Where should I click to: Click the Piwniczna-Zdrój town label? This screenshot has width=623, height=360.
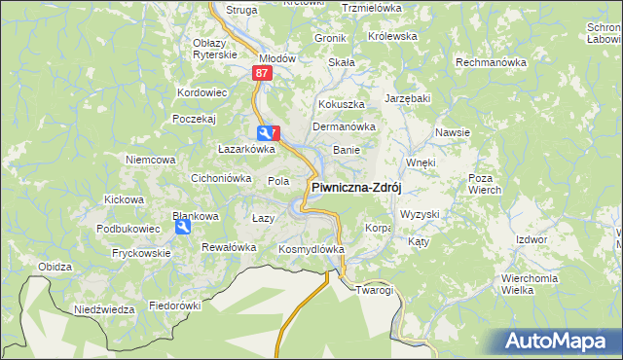[356, 188]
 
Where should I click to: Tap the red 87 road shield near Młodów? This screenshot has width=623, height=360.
[261, 73]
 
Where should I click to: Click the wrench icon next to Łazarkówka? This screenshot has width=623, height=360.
[264, 133]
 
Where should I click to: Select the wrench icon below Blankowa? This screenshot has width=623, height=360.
[182, 227]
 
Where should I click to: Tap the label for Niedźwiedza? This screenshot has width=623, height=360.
[104, 309]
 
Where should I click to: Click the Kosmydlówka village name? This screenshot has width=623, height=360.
[311, 249]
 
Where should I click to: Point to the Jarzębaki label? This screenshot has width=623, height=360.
[407, 99]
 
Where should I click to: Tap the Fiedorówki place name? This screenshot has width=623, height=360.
[174, 305]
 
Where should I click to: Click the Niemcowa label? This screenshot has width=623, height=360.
[150, 159]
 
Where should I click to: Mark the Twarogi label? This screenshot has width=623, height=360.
[374, 290]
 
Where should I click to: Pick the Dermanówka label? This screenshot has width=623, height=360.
[344, 126]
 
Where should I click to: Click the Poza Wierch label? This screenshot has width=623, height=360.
[484, 185]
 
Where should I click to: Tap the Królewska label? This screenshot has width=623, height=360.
[392, 36]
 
